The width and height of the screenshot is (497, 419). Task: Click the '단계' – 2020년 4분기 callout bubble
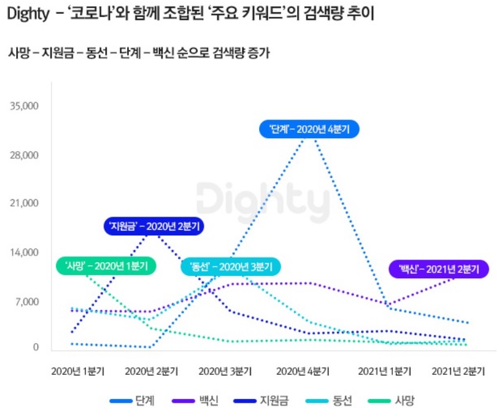pos(310,129)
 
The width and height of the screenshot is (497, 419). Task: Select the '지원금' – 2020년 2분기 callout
pos(154,226)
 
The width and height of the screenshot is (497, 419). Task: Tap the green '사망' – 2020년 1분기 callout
pos(106,266)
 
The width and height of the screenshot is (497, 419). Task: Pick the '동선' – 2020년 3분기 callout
pos(231,266)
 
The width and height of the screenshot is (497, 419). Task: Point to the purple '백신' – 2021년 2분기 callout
pos(438,269)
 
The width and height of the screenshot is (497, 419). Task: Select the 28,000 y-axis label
pos(26,155)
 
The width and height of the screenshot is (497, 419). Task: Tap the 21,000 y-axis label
pos(26,204)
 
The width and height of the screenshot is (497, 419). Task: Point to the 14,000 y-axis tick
pos(26,253)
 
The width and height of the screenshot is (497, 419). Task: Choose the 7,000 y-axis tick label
pos(27,302)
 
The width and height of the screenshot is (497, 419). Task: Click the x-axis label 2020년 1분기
pos(78,372)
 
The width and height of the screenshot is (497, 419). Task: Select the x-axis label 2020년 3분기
pos(225,372)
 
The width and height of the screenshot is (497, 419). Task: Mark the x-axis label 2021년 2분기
pos(458,372)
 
